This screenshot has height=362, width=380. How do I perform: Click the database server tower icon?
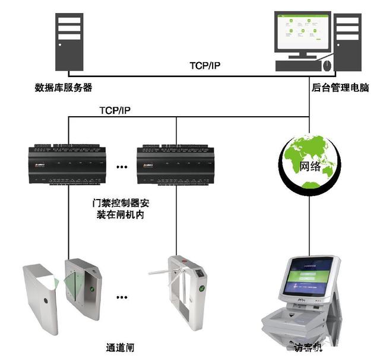coord(68,41)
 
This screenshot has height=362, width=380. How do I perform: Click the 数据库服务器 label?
coord(64,88)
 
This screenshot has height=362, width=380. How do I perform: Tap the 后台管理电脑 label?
coord(340,88)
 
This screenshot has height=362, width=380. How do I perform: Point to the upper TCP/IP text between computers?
coord(204,65)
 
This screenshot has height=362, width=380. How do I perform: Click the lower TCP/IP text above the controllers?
coord(116,111)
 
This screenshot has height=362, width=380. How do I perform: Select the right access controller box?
coord(176,164)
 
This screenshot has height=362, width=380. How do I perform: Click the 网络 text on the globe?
coord(311,166)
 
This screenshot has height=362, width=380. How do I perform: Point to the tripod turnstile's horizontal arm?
coord(161,272)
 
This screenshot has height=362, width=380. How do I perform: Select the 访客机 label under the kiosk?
coord(308,350)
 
